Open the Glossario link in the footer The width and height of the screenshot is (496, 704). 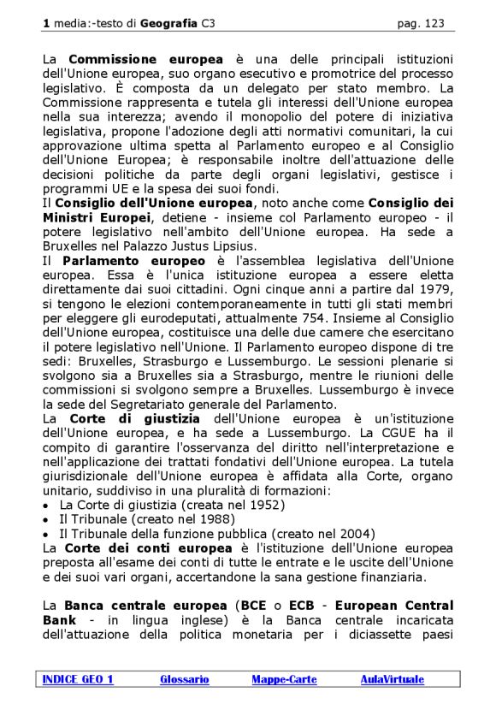[x=184, y=679]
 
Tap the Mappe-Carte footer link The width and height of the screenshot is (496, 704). [x=284, y=679]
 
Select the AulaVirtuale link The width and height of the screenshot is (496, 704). [x=391, y=679]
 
